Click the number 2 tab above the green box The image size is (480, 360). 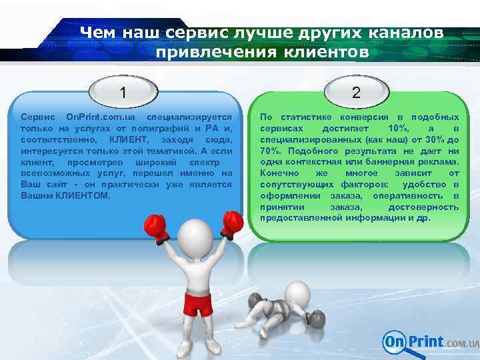point(356,91)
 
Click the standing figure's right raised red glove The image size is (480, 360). point(231,222)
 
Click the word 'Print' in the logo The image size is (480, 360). point(426,341)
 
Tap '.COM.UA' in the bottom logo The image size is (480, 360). point(462,344)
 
